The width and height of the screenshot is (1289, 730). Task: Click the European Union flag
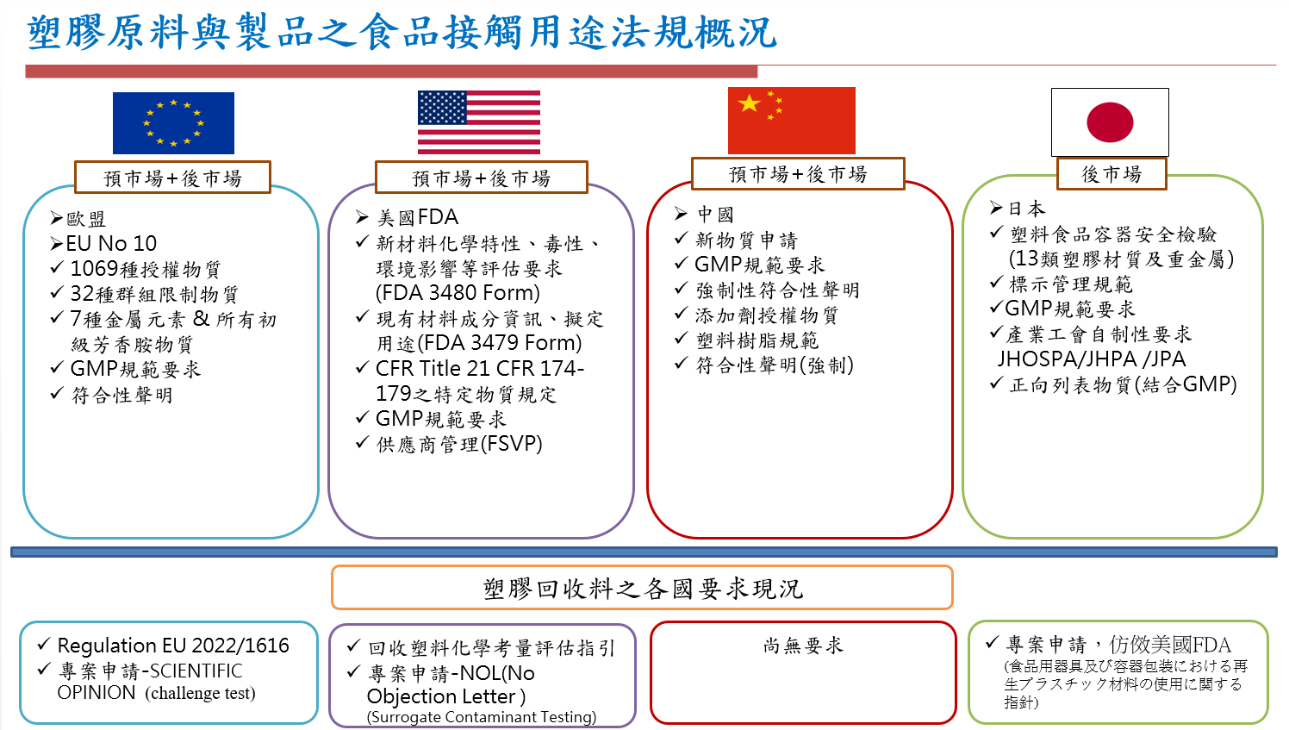point(173,122)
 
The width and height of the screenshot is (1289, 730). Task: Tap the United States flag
point(479,122)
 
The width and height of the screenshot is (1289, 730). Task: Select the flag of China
point(791,121)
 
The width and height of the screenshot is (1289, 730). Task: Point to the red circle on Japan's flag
point(1110,122)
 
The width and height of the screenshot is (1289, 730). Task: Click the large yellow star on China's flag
point(750,103)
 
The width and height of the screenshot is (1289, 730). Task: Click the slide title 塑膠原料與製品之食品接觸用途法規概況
point(402,32)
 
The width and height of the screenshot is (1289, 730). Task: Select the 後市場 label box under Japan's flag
point(1112,174)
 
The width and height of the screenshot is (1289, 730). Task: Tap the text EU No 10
point(111,244)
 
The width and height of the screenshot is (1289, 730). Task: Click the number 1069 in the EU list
point(94,269)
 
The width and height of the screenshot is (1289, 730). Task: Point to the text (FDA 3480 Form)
point(458,293)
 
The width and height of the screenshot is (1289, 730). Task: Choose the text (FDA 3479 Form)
point(499,343)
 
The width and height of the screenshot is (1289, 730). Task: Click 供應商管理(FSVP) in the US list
point(459,444)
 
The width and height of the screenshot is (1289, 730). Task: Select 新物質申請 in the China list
point(746,240)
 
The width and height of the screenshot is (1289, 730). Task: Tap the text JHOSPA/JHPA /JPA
point(1091,359)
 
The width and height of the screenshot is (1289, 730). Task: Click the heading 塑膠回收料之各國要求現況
point(642,589)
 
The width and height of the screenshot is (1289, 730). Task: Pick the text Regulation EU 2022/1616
point(173,646)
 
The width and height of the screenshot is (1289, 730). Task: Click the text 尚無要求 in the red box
point(803,646)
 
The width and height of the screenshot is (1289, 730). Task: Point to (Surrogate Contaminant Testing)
point(481,717)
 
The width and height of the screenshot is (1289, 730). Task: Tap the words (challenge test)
point(200,693)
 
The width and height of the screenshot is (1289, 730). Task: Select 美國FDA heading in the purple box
point(418,217)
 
